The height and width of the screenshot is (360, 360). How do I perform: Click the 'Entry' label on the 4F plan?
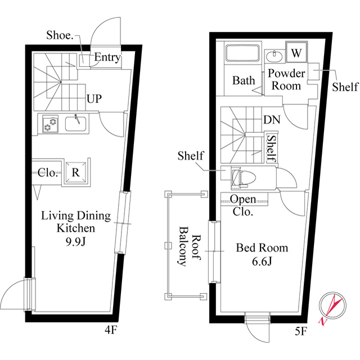[x=107, y=57]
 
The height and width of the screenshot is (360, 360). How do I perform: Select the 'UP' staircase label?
[x=94, y=99]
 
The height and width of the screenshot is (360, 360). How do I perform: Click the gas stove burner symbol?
[x=49, y=124]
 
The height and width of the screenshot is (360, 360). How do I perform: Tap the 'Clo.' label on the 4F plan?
[x=48, y=173]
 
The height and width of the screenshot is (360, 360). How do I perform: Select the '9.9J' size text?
[x=75, y=241]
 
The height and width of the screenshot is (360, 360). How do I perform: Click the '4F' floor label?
[x=110, y=330]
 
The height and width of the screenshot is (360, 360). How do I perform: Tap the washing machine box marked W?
[x=296, y=53]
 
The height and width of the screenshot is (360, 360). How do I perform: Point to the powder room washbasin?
[x=275, y=55]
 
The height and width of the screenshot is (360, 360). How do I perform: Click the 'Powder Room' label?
[x=286, y=79]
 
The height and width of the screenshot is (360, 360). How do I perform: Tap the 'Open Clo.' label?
[x=243, y=206]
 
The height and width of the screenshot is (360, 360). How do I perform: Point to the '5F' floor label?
[x=300, y=331]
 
